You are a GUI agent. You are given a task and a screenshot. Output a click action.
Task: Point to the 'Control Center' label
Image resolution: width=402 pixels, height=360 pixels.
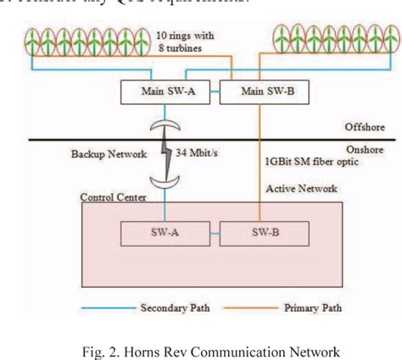(x=113, y=197)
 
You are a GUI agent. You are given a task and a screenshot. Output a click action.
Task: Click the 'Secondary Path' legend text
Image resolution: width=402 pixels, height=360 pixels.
(x=174, y=308)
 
